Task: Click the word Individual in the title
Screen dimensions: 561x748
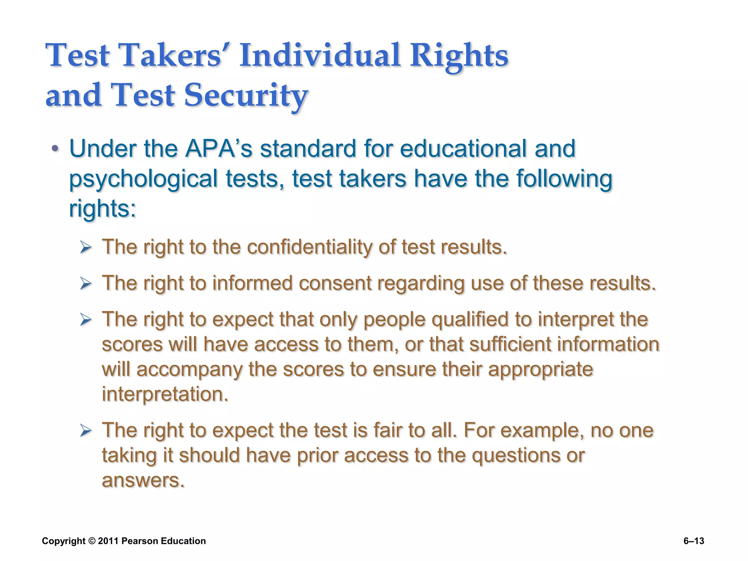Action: click(x=320, y=56)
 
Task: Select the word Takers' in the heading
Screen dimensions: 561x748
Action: click(x=171, y=56)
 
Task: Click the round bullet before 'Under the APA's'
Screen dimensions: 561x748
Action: click(x=55, y=149)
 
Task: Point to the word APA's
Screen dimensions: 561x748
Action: click(x=218, y=149)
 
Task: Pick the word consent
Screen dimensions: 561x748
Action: click(x=335, y=283)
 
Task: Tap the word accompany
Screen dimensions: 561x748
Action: click(x=190, y=369)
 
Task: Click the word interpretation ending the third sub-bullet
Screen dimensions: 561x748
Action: click(x=165, y=394)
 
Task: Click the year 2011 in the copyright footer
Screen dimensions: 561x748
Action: click(x=108, y=541)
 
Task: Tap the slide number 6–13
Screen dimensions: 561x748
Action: click(x=694, y=541)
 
